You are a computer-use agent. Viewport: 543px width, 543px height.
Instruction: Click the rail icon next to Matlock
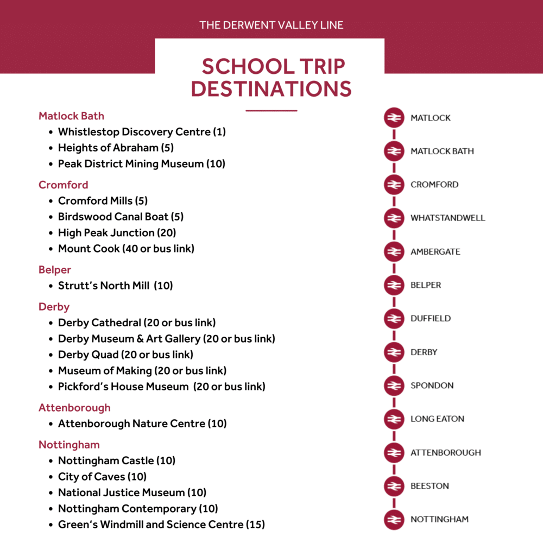(394, 118)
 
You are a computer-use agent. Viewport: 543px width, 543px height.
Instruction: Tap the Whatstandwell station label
(447, 218)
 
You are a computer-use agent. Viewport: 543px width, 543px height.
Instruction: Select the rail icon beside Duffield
(394, 318)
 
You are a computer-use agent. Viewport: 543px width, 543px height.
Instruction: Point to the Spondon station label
(432, 386)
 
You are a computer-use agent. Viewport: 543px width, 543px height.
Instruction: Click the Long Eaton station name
(437, 419)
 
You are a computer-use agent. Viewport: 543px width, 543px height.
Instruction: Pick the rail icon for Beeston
(394, 486)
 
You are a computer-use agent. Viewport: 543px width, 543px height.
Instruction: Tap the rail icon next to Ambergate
(394, 251)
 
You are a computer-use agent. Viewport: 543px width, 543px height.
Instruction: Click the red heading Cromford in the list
(63, 185)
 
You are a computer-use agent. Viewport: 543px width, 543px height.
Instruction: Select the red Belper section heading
(55, 270)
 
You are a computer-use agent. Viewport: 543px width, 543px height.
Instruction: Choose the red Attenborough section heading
(74, 408)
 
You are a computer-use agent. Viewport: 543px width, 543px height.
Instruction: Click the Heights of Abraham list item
(116, 148)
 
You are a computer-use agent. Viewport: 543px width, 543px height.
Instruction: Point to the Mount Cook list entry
(126, 249)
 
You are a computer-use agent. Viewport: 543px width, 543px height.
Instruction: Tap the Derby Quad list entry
(125, 355)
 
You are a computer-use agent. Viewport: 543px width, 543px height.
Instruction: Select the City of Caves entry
(102, 477)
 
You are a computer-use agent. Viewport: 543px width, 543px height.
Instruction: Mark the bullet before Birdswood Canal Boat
(50, 217)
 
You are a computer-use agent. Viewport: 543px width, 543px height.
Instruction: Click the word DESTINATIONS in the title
(271, 89)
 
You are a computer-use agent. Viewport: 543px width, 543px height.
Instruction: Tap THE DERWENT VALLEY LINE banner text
(271, 25)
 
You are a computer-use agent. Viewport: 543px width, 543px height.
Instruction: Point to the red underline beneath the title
(271, 111)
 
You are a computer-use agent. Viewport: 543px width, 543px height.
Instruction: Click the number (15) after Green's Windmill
(255, 525)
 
